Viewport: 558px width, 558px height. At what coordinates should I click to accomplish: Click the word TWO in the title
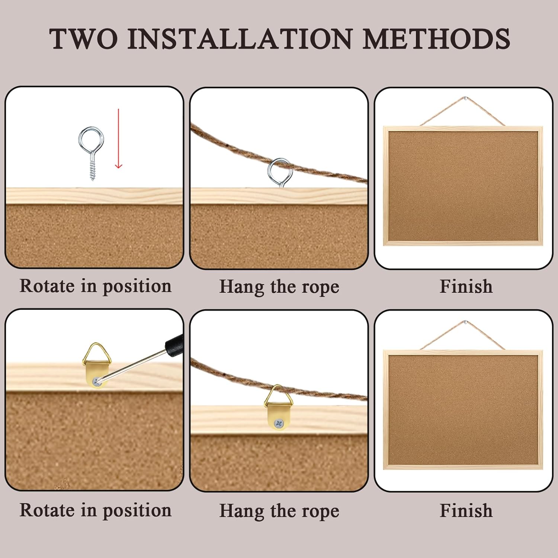tap(84, 39)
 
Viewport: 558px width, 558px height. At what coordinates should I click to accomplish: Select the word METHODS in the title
tap(436, 39)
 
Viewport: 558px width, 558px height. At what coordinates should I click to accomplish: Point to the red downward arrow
tap(118, 138)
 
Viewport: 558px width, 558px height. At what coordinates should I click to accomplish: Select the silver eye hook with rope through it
tap(280, 173)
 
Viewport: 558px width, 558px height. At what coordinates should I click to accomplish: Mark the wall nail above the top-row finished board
tap(465, 99)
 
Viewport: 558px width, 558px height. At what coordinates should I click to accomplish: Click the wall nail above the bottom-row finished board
tap(465, 321)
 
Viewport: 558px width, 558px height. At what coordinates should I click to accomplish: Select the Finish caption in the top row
tap(466, 286)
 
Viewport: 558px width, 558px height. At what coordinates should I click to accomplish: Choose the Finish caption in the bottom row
tap(466, 510)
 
